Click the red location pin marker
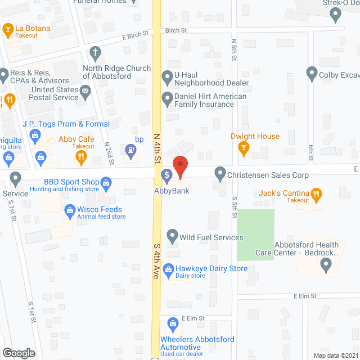coord(179,167)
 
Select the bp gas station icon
coord(131,150)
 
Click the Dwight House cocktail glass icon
coord(244,148)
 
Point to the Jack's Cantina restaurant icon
coord(316,195)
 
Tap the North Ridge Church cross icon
coord(96,55)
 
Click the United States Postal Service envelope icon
coord(85,91)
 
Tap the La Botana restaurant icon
coord(8,28)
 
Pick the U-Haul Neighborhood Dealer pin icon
coord(167,76)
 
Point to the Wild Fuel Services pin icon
coord(173,235)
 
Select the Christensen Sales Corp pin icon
coord(220,173)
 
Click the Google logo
coord(19,353)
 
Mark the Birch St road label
coord(175,31)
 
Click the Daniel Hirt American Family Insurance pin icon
coord(167,100)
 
